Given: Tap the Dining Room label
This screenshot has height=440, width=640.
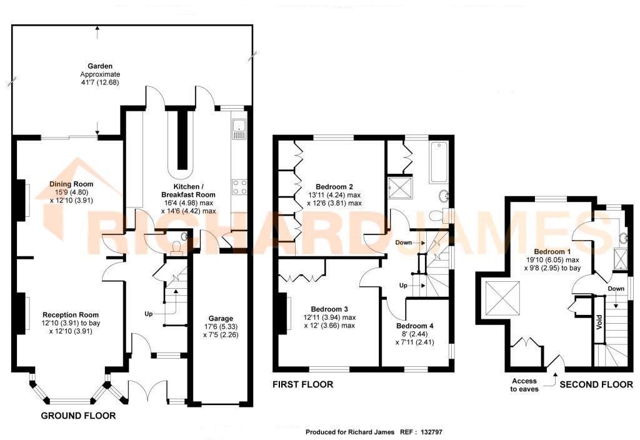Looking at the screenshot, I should click(x=71, y=184).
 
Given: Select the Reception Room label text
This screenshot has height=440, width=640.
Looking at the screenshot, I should click(x=71, y=314).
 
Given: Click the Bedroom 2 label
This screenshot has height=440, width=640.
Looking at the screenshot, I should click(x=334, y=187).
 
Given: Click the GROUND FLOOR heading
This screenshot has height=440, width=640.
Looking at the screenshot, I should click(x=78, y=416).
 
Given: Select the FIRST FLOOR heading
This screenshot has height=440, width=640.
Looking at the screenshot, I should click(x=302, y=384).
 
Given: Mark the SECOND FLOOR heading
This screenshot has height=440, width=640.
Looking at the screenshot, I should click(x=596, y=384).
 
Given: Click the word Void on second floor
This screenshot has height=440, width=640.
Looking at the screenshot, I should click(x=598, y=324).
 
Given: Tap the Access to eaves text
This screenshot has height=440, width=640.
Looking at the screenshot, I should click(x=524, y=385).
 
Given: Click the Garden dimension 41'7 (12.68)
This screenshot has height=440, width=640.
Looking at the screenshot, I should click(x=99, y=82).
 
